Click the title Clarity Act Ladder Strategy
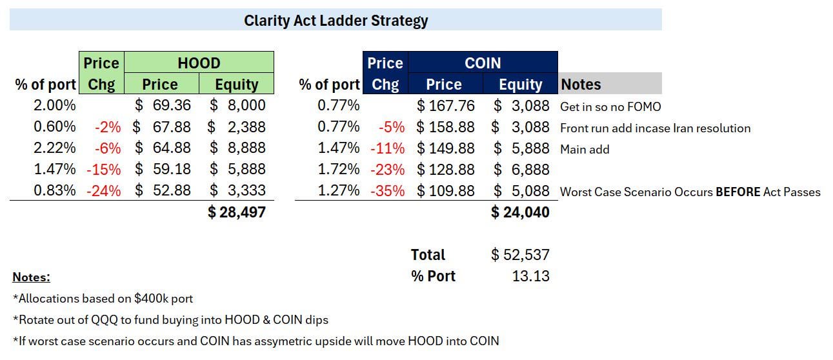[x=336, y=21]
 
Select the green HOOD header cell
[x=199, y=63]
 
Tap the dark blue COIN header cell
[x=483, y=63]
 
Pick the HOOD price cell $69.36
[x=163, y=105]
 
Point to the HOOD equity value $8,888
[x=237, y=148]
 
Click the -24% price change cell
[x=103, y=190]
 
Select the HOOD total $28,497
[x=237, y=212]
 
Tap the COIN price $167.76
[x=446, y=105]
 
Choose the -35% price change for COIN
[x=388, y=190]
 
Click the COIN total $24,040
[x=520, y=212]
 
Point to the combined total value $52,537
[x=520, y=254]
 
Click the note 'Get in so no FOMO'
[x=610, y=106]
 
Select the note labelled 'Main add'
[x=585, y=149]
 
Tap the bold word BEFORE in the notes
[x=738, y=192]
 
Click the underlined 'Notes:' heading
[x=31, y=277]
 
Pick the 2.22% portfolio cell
[x=55, y=148]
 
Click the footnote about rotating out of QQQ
[x=170, y=319]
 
